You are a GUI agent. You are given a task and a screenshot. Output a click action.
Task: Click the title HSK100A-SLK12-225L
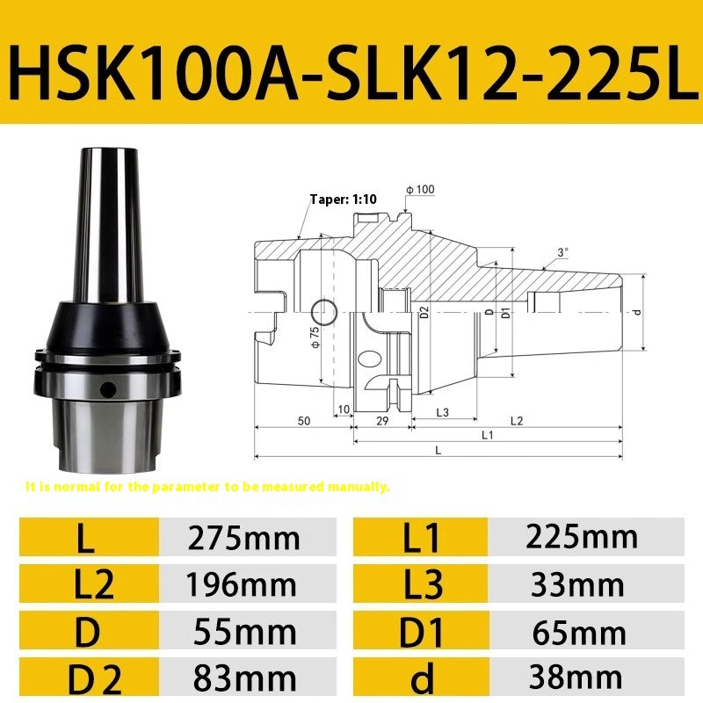click(351, 63)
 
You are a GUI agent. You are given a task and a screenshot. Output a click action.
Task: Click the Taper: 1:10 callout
click(343, 199)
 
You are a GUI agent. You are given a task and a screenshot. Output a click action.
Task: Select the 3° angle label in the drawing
click(562, 251)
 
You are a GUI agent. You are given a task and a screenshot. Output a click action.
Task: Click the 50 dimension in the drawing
click(303, 421)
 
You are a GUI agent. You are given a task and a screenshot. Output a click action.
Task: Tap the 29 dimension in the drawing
click(383, 421)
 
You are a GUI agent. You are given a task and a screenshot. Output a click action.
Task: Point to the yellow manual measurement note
click(207, 486)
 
